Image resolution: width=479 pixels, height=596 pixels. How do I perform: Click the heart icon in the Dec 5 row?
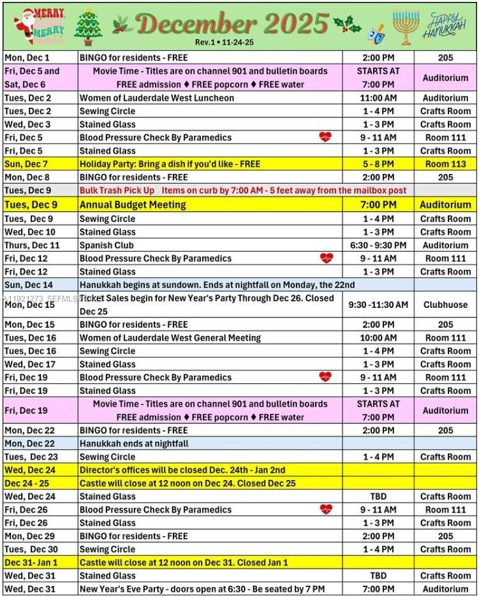(x=325, y=137)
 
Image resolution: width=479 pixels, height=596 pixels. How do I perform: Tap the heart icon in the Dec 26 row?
(x=325, y=509)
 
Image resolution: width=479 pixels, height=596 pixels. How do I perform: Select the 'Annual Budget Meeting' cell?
(x=133, y=205)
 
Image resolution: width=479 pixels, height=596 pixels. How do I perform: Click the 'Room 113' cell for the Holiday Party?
(x=445, y=164)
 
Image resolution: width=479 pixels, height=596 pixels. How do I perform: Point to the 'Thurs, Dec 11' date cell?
(x=32, y=245)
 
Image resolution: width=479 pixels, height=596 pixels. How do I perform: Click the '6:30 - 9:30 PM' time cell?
(x=378, y=245)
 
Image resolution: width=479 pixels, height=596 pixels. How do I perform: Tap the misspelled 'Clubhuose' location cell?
(x=445, y=305)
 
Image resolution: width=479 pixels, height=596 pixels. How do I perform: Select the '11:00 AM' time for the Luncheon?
(x=378, y=98)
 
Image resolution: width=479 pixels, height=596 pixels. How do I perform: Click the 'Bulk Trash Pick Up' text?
(x=117, y=191)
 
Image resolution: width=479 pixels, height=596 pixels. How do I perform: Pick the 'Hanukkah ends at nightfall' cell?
(x=134, y=443)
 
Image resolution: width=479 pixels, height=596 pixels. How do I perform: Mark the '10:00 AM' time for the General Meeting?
(x=378, y=338)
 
